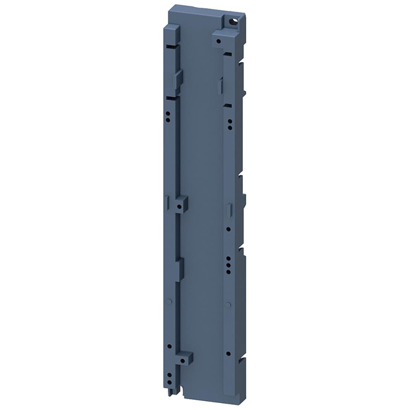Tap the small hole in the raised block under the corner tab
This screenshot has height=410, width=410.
(219, 40)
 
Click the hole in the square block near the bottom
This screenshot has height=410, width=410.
(188, 361)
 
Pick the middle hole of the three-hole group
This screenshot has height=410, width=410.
(229, 263)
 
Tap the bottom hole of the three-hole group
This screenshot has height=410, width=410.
(229, 268)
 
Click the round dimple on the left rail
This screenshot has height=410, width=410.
(169, 300)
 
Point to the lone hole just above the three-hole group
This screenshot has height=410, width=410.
(229, 228)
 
